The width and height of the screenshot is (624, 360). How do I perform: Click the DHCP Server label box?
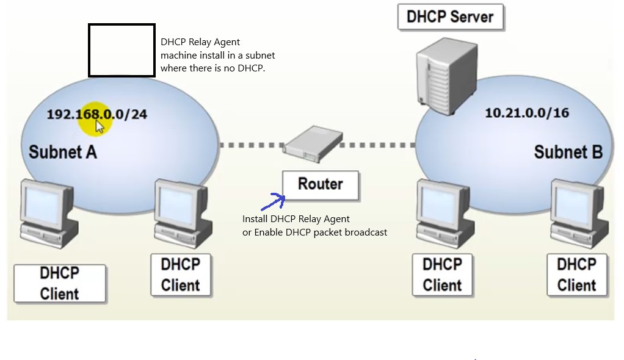click(x=450, y=16)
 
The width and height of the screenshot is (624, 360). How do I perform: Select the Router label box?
click(x=321, y=184)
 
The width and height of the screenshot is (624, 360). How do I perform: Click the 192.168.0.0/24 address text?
click(x=97, y=114)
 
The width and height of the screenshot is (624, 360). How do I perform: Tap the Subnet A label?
click(x=63, y=151)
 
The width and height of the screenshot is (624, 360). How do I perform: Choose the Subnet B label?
click(x=568, y=151)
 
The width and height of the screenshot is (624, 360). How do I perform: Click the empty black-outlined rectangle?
click(x=122, y=50)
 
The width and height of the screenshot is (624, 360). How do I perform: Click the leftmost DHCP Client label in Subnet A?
click(x=60, y=283)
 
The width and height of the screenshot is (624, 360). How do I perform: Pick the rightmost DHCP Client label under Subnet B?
click(x=576, y=275)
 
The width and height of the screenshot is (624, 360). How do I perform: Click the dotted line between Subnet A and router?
click(x=251, y=145)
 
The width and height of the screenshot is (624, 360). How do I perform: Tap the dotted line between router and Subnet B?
click(x=377, y=145)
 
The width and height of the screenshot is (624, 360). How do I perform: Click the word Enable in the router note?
click(x=268, y=232)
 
